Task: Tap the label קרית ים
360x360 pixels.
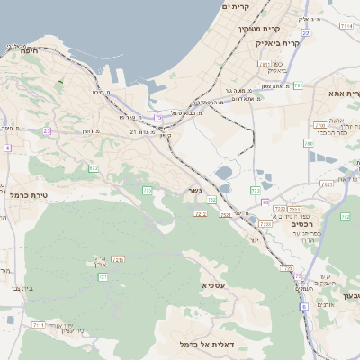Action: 235,7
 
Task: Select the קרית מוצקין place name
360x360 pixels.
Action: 254,29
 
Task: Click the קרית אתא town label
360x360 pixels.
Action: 344,94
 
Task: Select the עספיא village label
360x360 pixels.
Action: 214,286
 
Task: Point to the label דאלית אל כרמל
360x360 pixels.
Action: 207,345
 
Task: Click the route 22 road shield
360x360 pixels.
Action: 306,33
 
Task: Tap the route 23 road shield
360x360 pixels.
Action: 47,130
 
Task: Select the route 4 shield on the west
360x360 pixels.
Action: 7,148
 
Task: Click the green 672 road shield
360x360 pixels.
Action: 94,168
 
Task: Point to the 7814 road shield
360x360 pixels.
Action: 346,27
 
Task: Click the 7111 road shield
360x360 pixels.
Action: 38,324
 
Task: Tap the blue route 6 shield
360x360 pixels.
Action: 304,307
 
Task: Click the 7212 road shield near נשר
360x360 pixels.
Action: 200,213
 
